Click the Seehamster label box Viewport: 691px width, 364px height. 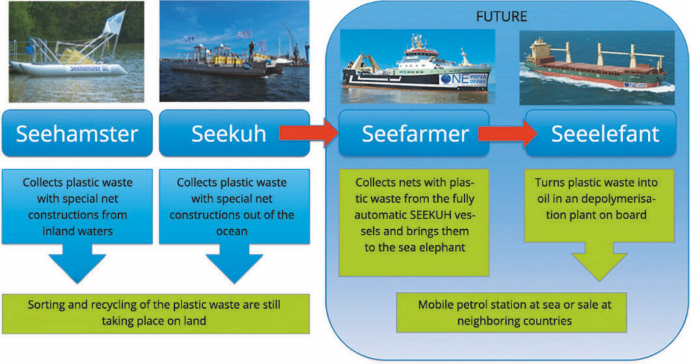click(x=77, y=133)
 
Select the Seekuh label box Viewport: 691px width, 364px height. click(x=234, y=133)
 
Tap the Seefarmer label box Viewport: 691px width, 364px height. click(x=414, y=133)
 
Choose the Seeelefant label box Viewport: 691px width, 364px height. click(x=600, y=133)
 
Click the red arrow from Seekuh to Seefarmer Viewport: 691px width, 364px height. click(x=308, y=133)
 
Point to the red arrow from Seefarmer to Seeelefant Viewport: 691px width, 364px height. click(x=507, y=133)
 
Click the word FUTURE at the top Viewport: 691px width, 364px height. click(x=501, y=17)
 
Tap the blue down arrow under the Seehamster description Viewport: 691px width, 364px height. click(x=78, y=263)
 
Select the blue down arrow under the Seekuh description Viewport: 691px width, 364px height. click(x=234, y=263)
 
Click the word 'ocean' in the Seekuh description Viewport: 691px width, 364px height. click(x=232, y=231)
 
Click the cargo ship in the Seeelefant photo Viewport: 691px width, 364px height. click(x=595, y=66)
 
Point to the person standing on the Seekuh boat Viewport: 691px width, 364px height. click(x=251, y=51)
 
